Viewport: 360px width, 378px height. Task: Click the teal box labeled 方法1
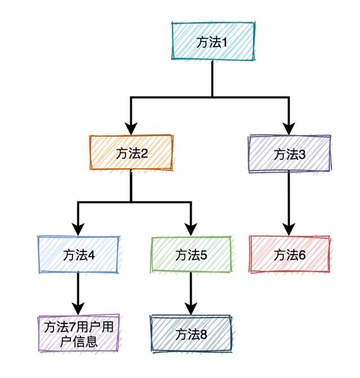(213, 40)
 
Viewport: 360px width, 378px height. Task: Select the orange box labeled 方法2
(132, 152)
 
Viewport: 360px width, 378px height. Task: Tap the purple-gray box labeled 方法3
(289, 154)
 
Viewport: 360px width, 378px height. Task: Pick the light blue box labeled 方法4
(79, 255)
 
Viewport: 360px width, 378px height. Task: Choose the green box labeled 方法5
(191, 255)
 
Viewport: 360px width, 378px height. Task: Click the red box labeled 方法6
(289, 255)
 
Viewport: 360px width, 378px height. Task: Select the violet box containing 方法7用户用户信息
(79, 334)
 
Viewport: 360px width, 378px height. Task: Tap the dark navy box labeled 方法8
(191, 334)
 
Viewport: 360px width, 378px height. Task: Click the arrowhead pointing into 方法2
(130, 129)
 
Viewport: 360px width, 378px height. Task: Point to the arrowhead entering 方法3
(289, 129)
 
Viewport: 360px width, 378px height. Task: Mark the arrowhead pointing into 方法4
(78, 229)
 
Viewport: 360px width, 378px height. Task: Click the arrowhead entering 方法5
(191, 229)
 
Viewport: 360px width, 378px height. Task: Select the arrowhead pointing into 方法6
(289, 229)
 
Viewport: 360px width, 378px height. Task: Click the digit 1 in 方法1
(224, 43)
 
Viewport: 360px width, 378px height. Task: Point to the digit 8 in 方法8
(203, 334)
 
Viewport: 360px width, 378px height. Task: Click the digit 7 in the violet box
(72, 327)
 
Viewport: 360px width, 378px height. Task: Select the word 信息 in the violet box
(85, 341)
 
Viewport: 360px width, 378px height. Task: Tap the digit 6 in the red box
(302, 255)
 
